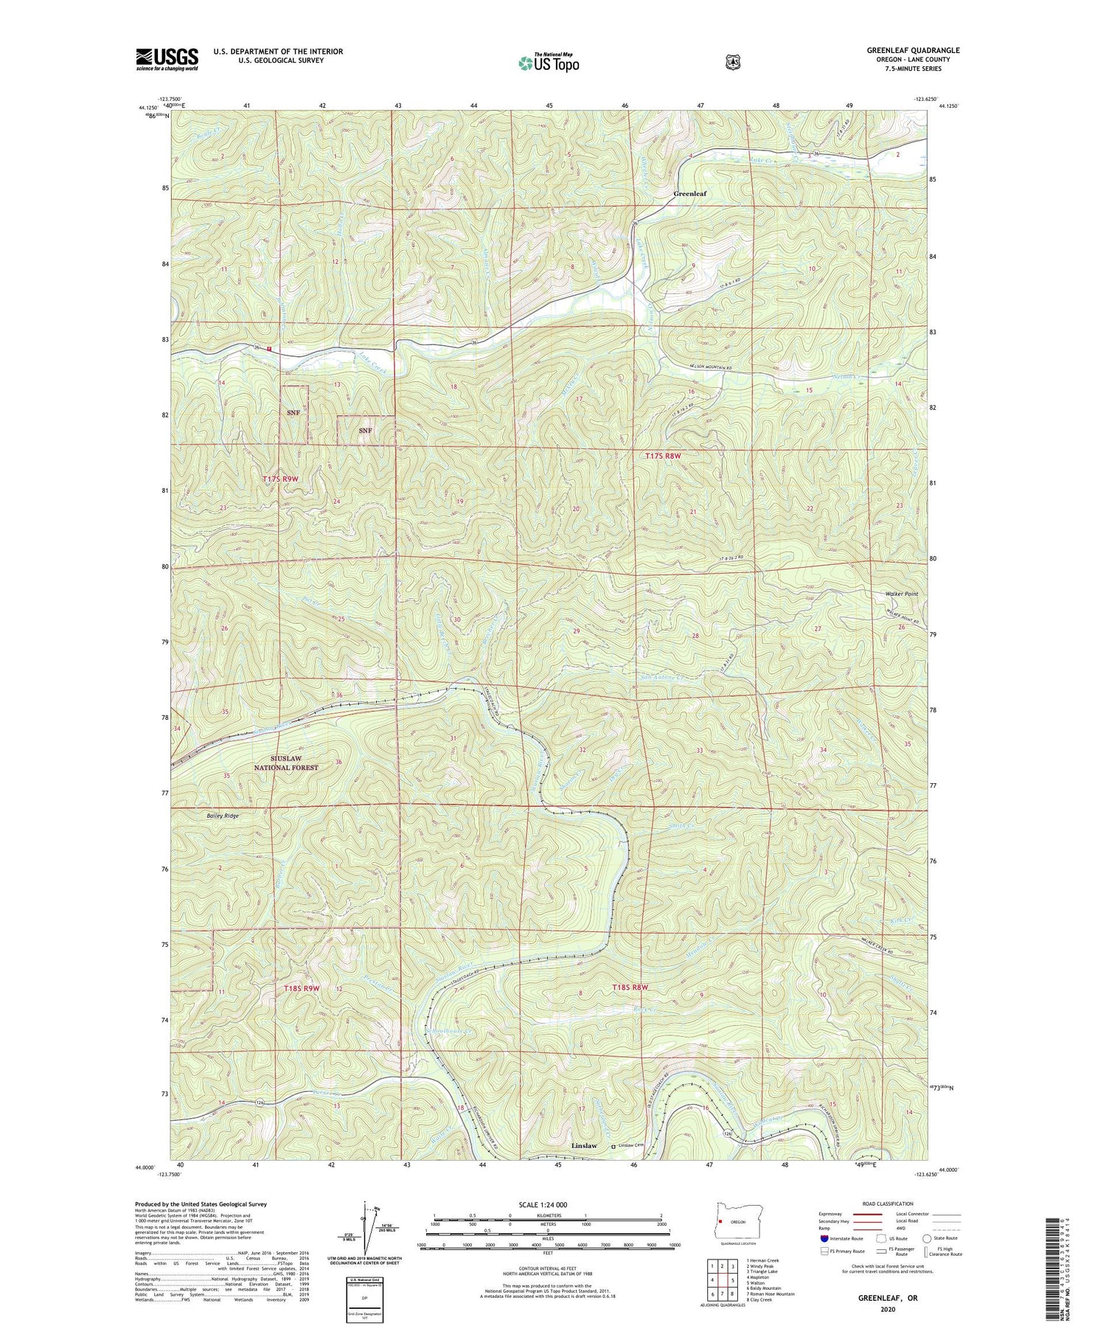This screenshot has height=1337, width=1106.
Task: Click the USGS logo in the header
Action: tap(167, 59)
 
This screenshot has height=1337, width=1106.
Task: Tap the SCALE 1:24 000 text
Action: tap(546, 1204)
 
